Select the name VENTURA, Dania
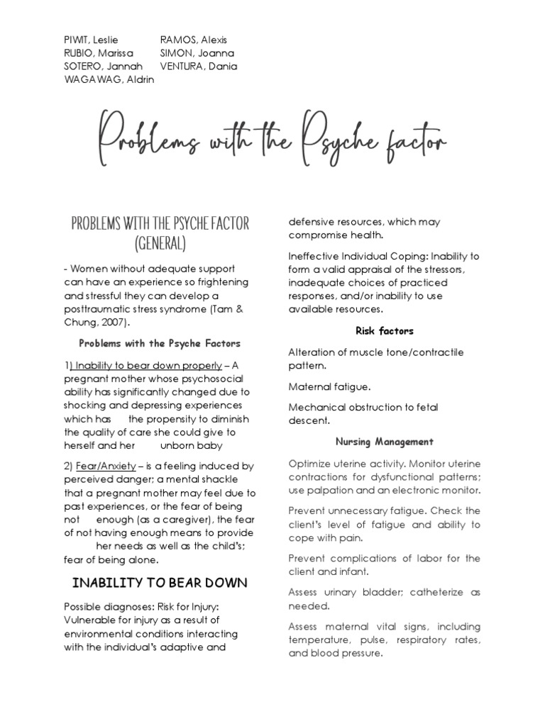(199, 67)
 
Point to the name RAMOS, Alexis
(194, 40)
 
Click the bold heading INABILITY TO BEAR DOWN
(160, 583)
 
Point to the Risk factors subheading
(384, 330)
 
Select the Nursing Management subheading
(384, 442)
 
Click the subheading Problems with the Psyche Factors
(160, 343)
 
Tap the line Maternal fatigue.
(329, 386)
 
